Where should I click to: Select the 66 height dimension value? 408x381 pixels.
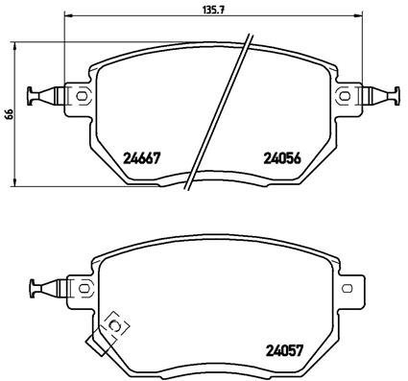tap(7, 114)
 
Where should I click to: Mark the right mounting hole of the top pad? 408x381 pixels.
tap(345, 94)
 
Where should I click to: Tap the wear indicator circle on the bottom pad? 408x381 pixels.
tap(116, 327)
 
